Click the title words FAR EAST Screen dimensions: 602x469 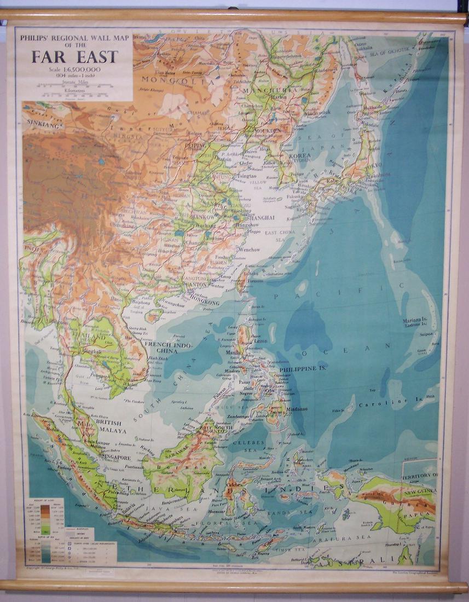point(74,56)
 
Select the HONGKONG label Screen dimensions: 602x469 point(203,302)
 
